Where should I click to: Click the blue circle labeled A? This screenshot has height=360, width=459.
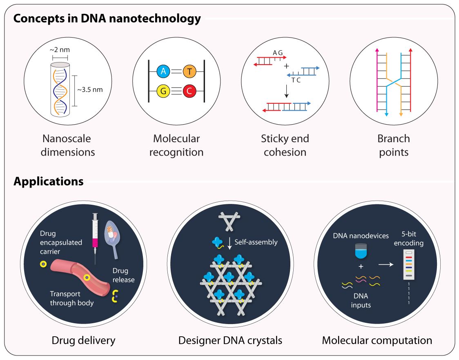[x=163, y=72]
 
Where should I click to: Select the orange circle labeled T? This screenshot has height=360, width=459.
[x=189, y=72]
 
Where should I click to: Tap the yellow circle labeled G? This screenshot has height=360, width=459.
[x=163, y=91]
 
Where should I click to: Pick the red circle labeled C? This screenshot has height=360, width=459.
[x=189, y=91]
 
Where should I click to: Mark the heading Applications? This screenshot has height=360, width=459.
[x=49, y=181]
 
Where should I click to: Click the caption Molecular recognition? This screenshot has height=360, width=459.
[x=176, y=145]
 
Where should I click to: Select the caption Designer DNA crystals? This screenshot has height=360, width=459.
[x=230, y=340]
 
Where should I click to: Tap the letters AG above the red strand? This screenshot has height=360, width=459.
[x=278, y=52]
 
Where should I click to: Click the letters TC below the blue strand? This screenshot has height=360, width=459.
[x=296, y=80]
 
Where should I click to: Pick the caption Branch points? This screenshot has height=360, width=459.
[x=394, y=145]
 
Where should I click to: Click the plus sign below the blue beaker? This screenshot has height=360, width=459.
[x=361, y=267]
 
